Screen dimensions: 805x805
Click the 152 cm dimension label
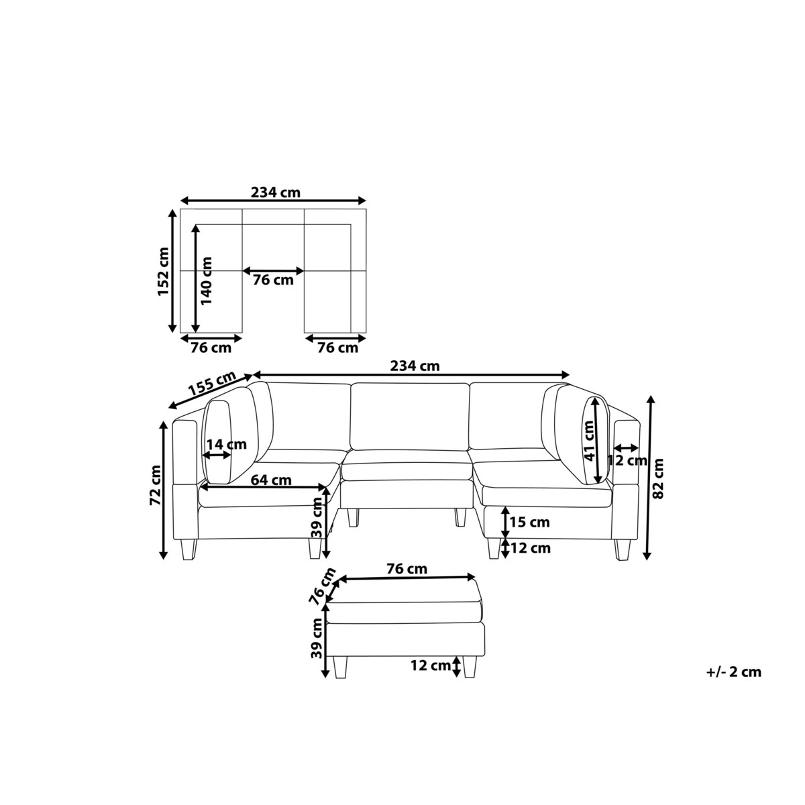163,272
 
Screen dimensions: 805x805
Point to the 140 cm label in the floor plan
207,280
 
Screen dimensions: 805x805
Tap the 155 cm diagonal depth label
212,384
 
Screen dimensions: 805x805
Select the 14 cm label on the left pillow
227,444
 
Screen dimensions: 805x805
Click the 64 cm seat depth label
271,480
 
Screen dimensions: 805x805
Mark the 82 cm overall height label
657,478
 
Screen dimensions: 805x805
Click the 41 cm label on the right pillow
588,441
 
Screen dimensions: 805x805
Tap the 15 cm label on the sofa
529,522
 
